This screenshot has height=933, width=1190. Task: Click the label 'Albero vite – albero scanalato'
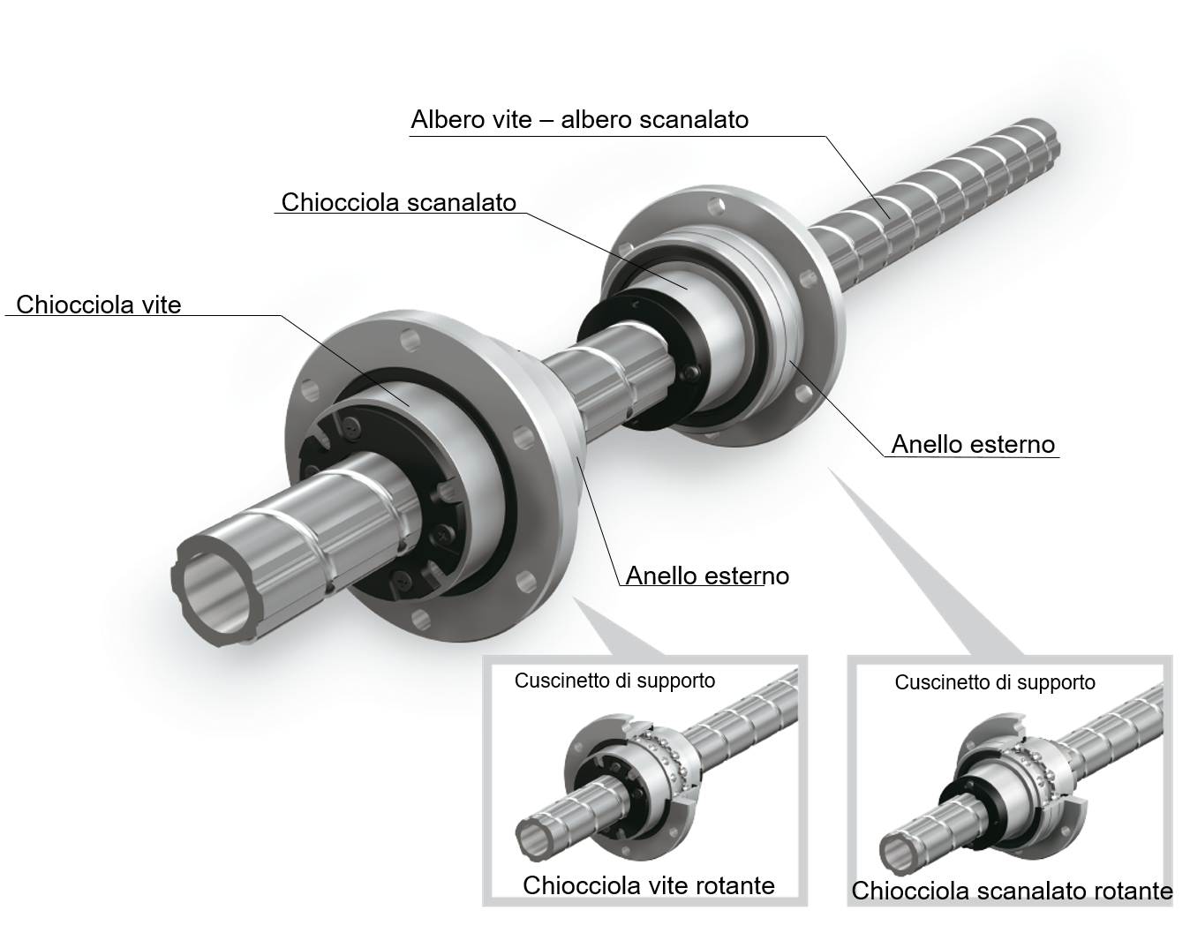point(579,119)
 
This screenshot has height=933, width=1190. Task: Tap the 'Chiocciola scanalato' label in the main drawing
point(399,202)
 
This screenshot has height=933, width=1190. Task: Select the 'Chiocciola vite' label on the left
point(99,305)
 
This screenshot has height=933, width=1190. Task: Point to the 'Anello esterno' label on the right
point(973,444)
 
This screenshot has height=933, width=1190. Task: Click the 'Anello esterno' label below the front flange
point(707,576)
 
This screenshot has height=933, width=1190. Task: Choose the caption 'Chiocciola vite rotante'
point(649,885)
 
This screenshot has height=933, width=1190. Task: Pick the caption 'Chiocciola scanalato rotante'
point(1012,891)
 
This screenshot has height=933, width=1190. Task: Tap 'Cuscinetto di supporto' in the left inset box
point(615,681)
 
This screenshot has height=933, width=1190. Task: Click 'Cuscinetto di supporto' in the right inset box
point(995,682)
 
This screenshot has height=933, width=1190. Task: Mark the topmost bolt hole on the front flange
point(410,340)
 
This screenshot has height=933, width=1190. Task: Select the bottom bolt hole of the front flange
point(420,621)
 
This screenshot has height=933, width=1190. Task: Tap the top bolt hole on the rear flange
point(716,207)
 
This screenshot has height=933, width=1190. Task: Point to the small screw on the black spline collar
point(691,372)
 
